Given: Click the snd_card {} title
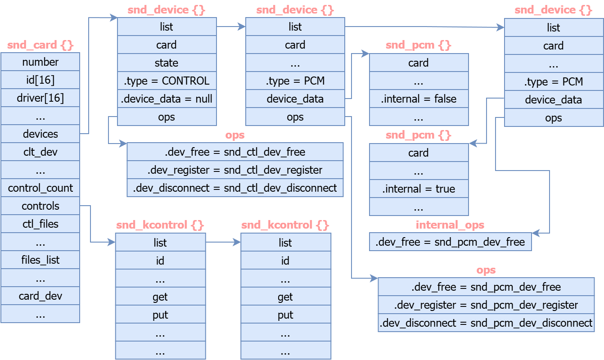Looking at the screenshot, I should pos(40,45).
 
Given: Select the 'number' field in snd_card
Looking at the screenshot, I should pos(40,62).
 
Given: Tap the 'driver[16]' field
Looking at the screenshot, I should pos(40,98).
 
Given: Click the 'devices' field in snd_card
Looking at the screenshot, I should pos(40,134).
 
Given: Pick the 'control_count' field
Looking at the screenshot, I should pos(40,188).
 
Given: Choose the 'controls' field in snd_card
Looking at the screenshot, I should pos(40,206).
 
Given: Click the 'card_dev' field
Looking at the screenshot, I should pos(40,296).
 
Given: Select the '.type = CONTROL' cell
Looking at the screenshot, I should pos(167,81).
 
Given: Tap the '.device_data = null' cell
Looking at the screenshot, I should pos(167,99).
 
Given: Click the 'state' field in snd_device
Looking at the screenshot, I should pos(167,63).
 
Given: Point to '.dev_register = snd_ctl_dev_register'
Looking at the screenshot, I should pos(235,170).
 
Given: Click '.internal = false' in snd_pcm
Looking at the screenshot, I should pos(419,99).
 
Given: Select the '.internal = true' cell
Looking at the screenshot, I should pos(419,189).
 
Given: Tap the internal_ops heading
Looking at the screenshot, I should pos(450,225).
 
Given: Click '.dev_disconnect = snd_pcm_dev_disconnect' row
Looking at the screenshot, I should pos(486,323).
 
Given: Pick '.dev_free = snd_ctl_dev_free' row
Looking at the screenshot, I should pos(235,152).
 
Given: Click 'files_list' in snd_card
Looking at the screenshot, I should pos(40,260).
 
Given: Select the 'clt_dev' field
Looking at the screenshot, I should pos(40,152).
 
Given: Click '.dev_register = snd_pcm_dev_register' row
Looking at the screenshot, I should pos(486,305).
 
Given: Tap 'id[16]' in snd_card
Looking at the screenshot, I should pos(40,80).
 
